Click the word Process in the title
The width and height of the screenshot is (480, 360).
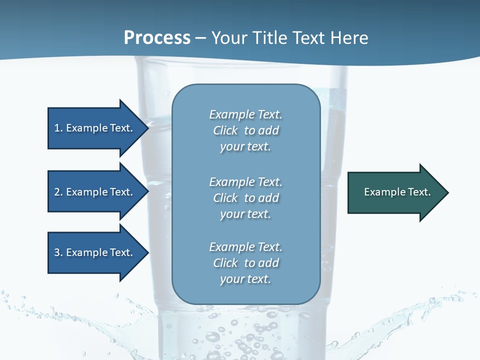[157, 38]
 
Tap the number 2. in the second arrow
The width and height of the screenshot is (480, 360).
[58, 192]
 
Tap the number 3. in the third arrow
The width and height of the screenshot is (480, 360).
[58, 252]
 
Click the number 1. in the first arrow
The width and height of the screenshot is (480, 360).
[58, 128]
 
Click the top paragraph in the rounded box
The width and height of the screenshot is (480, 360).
[245, 130]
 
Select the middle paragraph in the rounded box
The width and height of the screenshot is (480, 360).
[245, 198]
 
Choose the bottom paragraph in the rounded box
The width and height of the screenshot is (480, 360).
[245, 263]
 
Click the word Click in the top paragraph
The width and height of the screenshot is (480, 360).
[225, 130]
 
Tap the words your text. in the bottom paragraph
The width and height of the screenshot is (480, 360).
[245, 279]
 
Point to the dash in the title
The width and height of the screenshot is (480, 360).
[200, 38]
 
